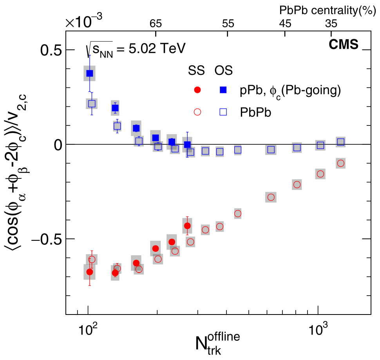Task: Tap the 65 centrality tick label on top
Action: point(156,24)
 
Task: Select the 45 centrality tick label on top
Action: point(285,24)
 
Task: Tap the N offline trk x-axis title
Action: point(217,344)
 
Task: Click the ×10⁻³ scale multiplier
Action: point(84,22)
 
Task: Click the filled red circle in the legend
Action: point(197,90)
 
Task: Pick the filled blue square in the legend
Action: point(223,90)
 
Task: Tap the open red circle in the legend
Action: point(197,112)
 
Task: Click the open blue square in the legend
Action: point(223,112)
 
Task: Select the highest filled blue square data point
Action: point(90,73)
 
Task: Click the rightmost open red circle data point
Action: point(340,163)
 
